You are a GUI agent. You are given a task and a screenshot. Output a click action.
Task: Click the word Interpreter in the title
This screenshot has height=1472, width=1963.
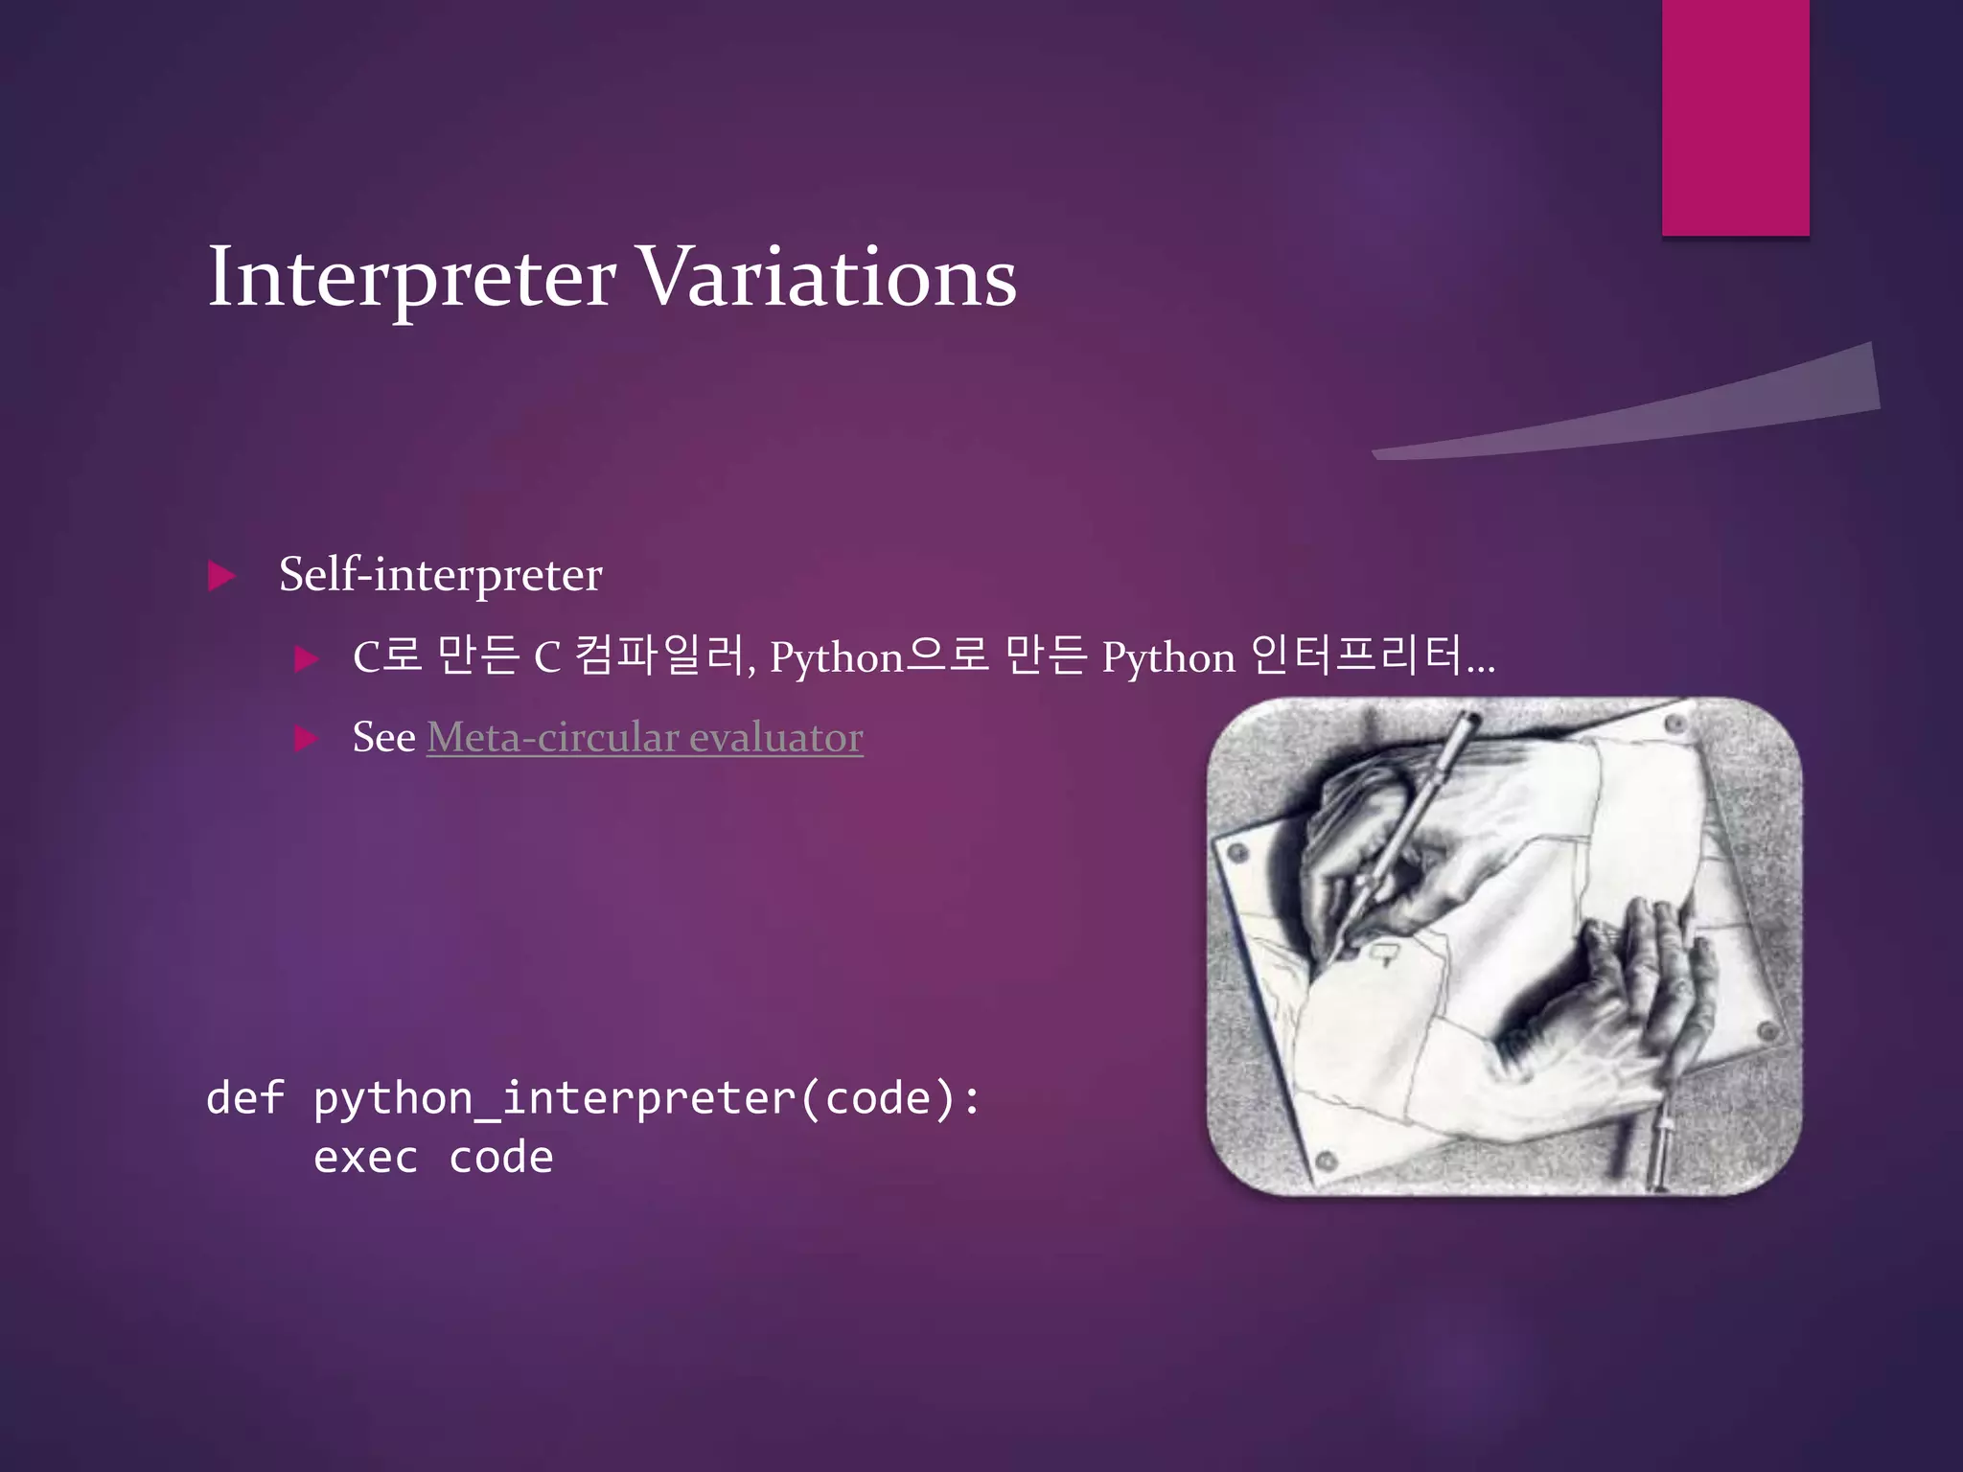tap(412, 278)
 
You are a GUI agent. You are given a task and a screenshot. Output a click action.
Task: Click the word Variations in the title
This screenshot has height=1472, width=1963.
tap(826, 278)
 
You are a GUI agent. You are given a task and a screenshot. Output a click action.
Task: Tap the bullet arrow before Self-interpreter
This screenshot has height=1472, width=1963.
tap(221, 576)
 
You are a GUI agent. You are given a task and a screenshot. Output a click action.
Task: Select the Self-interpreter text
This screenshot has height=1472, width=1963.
tap(440, 575)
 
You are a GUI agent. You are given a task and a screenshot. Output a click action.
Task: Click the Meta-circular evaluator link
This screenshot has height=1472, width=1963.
tap(644, 737)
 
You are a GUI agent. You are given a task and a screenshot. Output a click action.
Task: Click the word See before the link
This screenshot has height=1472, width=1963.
tap(383, 737)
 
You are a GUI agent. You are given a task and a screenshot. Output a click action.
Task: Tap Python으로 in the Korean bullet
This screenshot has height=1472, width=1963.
tap(878, 656)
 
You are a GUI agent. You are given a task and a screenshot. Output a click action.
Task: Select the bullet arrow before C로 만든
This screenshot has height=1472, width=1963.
tap(306, 658)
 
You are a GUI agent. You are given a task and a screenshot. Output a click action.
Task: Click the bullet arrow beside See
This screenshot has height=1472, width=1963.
tap(306, 738)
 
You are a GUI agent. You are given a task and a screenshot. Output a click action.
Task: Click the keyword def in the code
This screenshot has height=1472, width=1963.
tap(245, 1098)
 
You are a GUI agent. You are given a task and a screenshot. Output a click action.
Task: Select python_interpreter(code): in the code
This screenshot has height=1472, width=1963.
tap(647, 1098)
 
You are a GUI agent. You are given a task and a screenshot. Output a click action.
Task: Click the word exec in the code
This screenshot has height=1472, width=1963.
tap(365, 1158)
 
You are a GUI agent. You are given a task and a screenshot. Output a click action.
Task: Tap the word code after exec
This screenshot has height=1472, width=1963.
tap(500, 1158)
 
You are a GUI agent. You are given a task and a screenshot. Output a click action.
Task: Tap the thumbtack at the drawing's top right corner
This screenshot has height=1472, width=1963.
tap(1675, 724)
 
